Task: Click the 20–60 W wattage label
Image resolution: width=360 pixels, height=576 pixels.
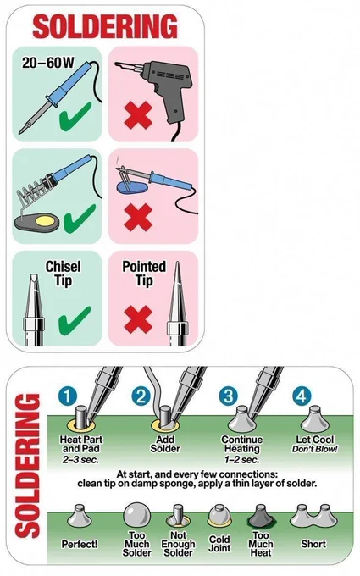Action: coord(47,63)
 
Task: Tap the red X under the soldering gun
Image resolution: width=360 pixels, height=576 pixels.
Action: coord(138,115)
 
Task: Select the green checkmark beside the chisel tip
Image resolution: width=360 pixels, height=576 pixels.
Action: coord(75,320)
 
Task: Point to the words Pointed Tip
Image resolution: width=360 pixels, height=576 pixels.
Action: coord(144,274)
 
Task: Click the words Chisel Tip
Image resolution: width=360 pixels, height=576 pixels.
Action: coord(63,274)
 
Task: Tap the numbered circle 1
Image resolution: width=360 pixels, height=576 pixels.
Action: coord(68,396)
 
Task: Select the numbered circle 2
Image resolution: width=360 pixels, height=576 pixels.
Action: coord(141,396)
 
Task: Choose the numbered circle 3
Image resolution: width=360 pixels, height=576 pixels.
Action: coord(229,396)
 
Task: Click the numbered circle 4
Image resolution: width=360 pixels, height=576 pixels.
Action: coord(302,396)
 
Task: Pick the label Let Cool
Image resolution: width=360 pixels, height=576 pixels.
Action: coord(315,440)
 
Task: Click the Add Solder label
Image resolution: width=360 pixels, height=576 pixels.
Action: coord(165,444)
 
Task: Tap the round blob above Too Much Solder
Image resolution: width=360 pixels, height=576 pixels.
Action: coord(136,515)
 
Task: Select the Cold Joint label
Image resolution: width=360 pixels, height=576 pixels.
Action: coord(219,544)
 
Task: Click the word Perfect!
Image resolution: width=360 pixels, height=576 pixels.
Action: coord(80,544)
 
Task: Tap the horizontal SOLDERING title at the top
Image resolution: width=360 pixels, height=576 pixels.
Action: coord(105,26)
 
